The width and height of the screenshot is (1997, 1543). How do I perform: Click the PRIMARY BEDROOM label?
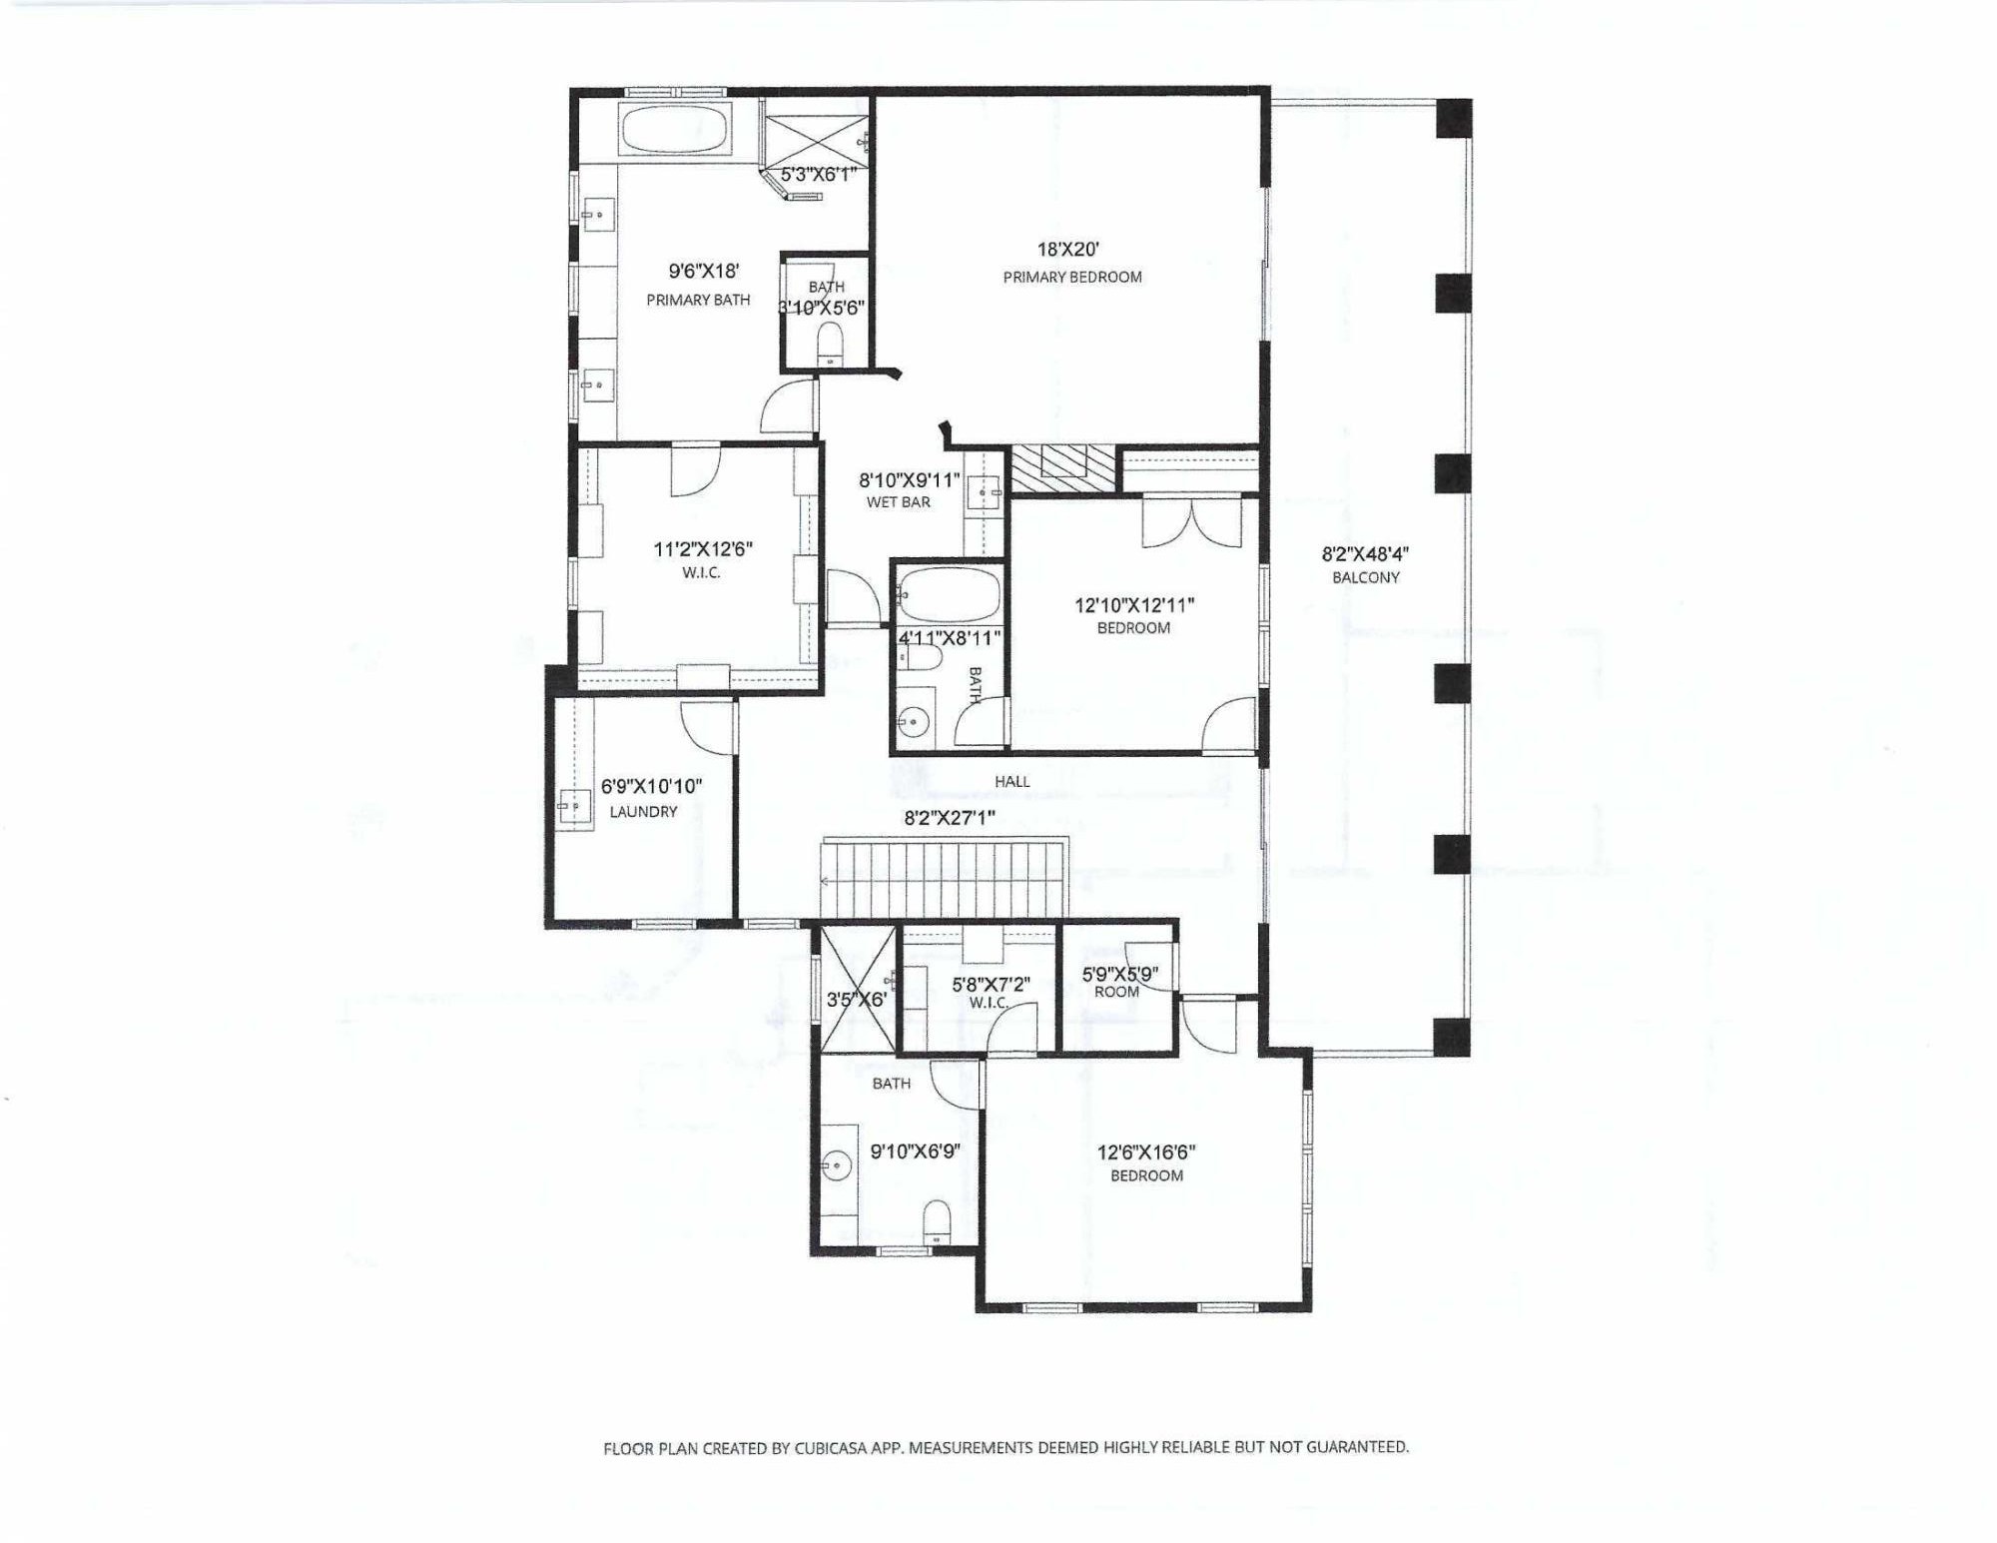pyautogui.click(x=1072, y=277)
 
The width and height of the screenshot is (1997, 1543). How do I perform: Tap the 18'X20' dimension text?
pyautogui.click(x=1067, y=250)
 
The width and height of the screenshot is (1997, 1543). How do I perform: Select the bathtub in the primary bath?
pyautogui.click(x=676, y=129)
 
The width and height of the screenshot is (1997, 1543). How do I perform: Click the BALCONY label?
pyautogui.click(x=1365, y=577)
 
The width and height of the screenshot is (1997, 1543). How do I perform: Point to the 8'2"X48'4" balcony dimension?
pyautogui.click(x=1365, y=554)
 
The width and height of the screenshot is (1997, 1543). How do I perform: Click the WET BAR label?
pyautogui.click(x=898, y=502)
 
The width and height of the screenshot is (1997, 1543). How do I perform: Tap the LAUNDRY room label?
pyautogui.click(x=643, y=812)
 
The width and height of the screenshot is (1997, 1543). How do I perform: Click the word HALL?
pyautogui.click(x=1011, y=781)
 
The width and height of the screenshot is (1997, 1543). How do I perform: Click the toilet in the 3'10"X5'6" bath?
pyautogui.click(x=829, y=348)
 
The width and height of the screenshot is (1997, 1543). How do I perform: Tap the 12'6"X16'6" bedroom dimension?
pyautogui.click(x=1146, y=1152)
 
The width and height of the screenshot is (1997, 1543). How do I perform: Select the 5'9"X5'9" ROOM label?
pyautogui.click(x=1116, y=992)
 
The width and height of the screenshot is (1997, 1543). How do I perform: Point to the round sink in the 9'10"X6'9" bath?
pyautogui.click(x=837, y=1164)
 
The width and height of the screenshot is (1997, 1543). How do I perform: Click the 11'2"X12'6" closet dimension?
pyautogui.click(x=703, y=549)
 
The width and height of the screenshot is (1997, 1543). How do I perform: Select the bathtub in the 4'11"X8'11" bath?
pyautogui.click(x=948, y=595)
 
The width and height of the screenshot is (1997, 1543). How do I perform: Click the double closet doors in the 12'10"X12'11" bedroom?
pyautogui.click(x=1191, y=523)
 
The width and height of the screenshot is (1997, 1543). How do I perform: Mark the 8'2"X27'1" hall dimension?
pyautogui.click(x=950, y=818)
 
